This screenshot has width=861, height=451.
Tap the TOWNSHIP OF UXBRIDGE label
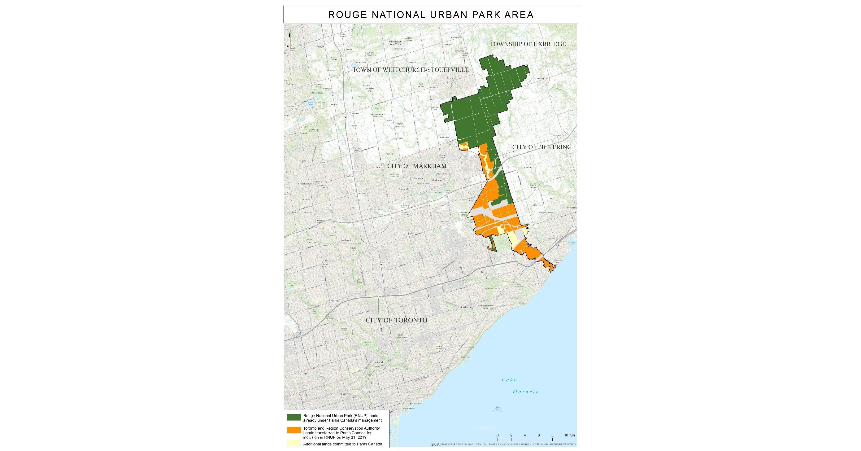click(528, 44)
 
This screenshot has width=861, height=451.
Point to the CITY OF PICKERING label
click(542, 147)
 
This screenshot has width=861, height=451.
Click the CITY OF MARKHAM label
click(417, 166)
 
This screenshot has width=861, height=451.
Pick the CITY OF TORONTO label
click(396, 320)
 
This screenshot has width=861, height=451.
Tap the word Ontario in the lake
click(526, 392)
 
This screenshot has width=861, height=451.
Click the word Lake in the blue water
click(509, 380)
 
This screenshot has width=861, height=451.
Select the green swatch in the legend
click(294, 418)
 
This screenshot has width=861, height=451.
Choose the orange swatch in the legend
click(294, 430)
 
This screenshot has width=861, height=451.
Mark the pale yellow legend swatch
click(294, 444)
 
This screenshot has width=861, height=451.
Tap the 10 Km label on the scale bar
click(570, 435)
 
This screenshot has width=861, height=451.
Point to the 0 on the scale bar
click(498, 435)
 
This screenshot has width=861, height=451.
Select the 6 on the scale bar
click(538, 435)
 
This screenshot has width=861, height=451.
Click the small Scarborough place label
click(467, 307)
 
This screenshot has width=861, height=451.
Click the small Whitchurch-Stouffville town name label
click(395, 43)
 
